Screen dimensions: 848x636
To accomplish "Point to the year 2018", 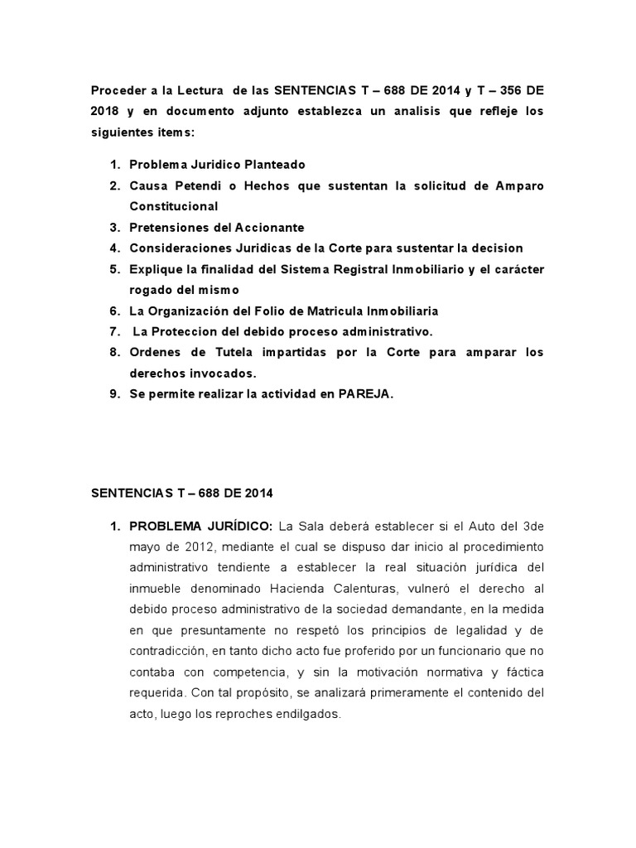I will coord(107,110).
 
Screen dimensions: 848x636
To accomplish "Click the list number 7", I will coord(114,331).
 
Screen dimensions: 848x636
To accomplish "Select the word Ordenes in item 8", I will coord(155,352).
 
